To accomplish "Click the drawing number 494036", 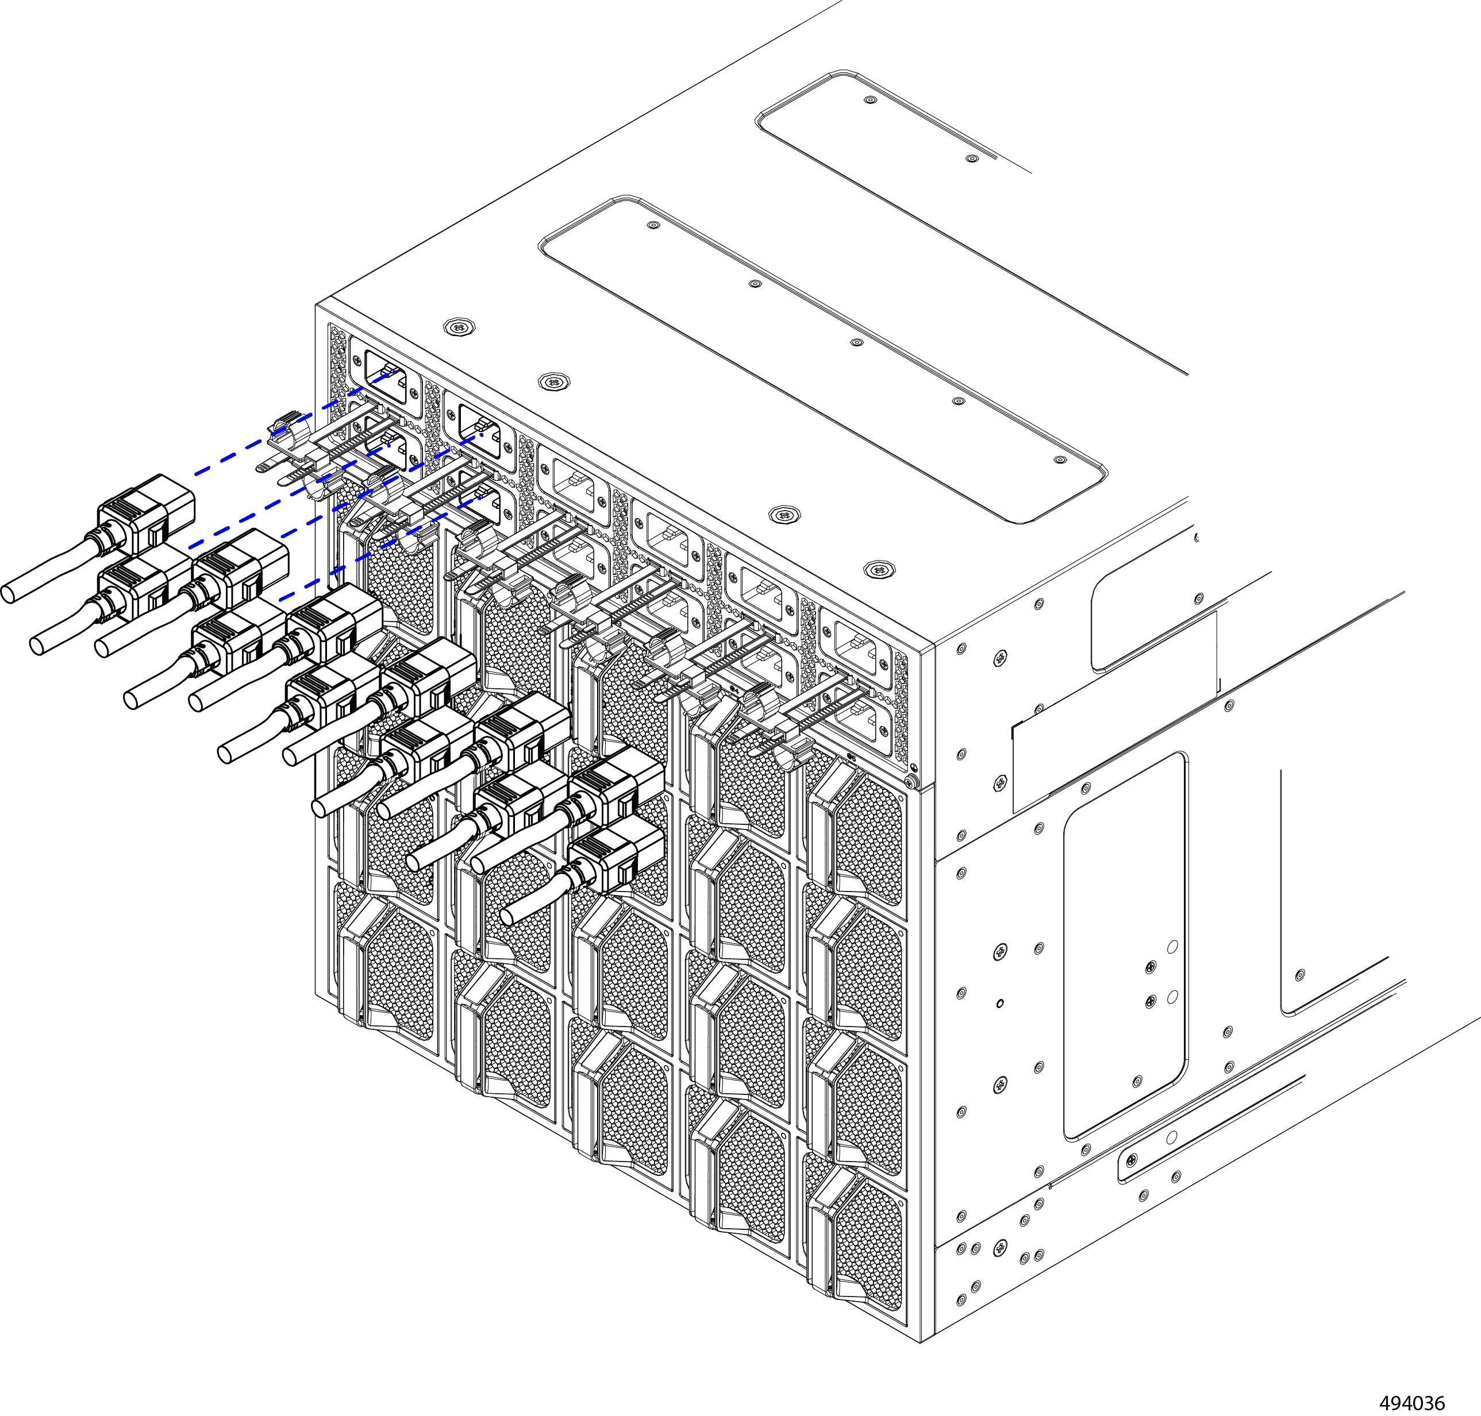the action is (1411, 1402).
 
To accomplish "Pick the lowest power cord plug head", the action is (615, 856).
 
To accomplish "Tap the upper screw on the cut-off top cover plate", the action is (870, 99).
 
